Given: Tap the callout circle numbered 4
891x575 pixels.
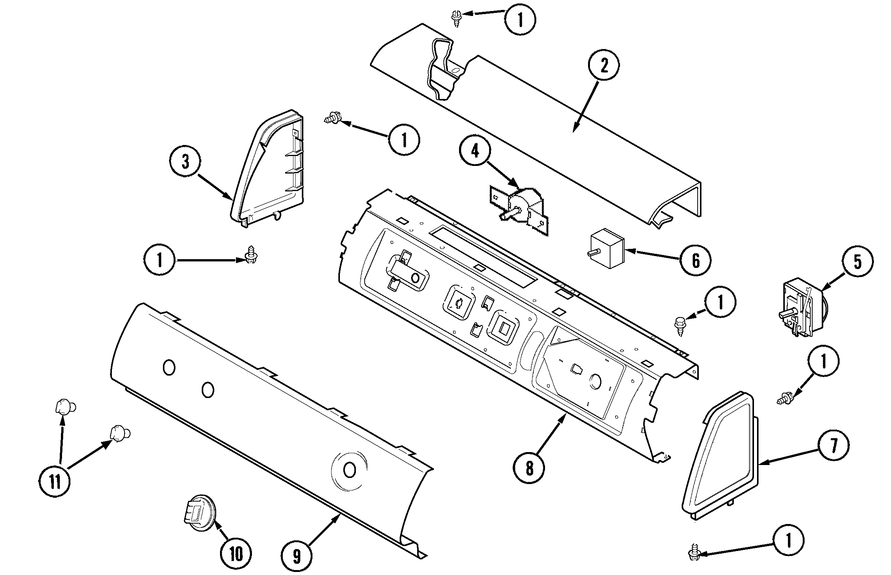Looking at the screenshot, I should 475,151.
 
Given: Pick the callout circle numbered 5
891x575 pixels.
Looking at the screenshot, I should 858,262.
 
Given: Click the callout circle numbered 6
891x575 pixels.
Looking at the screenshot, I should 695,261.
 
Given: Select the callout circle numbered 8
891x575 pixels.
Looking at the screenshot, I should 529,469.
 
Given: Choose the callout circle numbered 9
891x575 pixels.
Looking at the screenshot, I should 297,557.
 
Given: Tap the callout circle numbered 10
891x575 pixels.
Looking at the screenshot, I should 236,554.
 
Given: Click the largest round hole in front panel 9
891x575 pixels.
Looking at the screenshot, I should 349,470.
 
